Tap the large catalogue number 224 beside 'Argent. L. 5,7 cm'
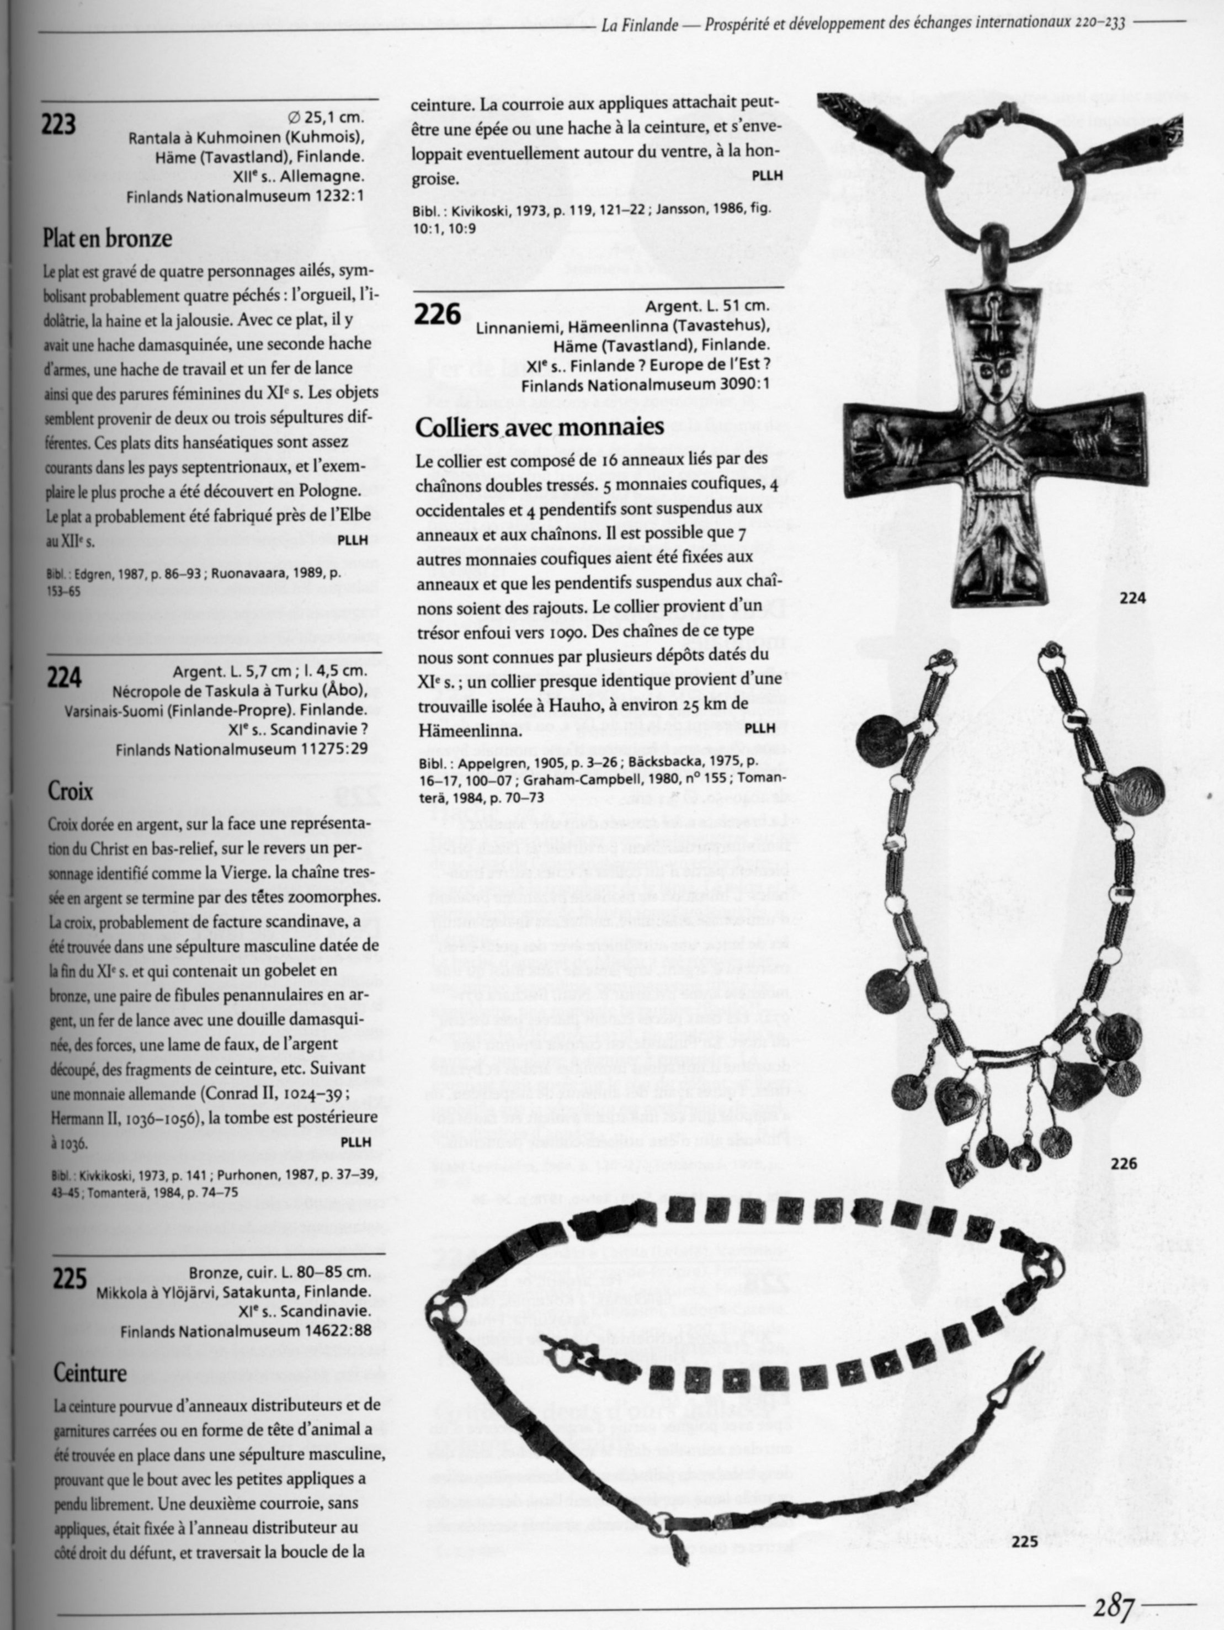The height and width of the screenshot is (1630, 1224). (x=64, y=677)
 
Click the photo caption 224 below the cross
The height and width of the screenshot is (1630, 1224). (x=1132, y=598)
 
